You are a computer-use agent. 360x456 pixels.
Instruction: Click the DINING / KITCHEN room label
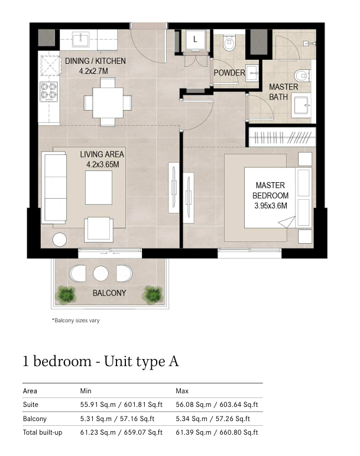(x=95, y=61)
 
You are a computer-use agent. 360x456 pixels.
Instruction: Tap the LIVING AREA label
(x=102, y=154)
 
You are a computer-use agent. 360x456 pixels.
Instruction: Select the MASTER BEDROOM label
(x=270, y=190)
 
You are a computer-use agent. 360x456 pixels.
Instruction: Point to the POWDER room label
(x=229, y=73)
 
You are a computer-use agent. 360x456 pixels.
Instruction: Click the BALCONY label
(x=109, y=293)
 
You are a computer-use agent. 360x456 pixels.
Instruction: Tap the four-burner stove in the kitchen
(x=49, y=91)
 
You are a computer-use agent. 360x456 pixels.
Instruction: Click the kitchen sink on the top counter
(x=81, y=39)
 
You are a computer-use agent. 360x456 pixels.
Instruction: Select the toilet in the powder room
(x=229, y=43)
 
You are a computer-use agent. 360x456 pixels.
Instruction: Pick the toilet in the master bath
(x=302, y=76)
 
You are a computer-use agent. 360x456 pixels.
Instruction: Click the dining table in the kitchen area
(x=108, y=102)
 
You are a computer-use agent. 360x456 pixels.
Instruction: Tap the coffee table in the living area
(x=99, y=187)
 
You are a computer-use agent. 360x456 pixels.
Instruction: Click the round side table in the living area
(x=60, y=240)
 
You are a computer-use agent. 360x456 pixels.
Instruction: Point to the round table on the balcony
(x=101, y=273)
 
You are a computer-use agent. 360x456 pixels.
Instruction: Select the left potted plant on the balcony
(x=66, y=295)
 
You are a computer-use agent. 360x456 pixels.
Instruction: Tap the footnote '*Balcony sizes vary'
(x=76, y=321)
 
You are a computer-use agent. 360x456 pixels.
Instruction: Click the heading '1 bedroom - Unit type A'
(x=100, y=361)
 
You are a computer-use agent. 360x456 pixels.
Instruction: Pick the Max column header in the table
(x=182, y=391)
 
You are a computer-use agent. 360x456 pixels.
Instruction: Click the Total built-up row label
(x=43, y=432)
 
